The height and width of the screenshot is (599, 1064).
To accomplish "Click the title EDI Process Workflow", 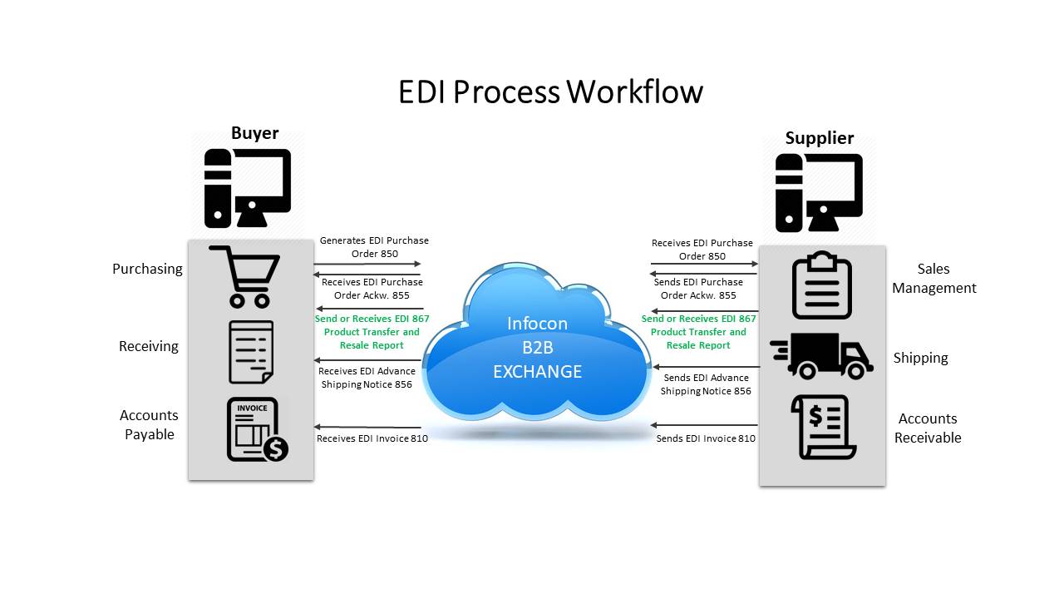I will coord(550,92).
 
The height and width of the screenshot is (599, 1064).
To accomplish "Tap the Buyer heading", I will coord(254,133).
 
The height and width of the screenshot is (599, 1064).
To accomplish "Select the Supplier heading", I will coord(819,138).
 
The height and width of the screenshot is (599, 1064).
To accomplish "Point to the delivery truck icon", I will coord(821,355).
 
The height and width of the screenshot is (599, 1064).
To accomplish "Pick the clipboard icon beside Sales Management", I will coord(821,285).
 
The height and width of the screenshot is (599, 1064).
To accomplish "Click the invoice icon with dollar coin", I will coord(257,429).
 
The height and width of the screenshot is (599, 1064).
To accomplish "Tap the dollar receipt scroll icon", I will coord(823,427).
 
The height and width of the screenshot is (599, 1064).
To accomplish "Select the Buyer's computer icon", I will coord(248,188).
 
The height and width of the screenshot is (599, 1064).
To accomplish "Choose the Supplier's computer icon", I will coord(818,192).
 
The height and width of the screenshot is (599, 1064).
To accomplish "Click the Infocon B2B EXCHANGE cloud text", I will coord(537,347).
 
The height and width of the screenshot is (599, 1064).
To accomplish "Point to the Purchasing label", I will coord(147,269).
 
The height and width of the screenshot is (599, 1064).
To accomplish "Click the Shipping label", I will coord(920,358).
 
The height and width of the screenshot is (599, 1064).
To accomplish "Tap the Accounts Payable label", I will coord(149,424).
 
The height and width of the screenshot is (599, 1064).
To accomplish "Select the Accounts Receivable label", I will coord(928,428).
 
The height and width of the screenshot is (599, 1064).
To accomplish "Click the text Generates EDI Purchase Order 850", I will coord(374,247).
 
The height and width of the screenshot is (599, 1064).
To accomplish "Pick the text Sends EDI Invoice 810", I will coord(706,438).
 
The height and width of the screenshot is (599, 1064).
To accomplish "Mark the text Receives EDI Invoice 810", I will coord(372,438).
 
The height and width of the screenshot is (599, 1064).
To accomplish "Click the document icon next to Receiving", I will coord(250,352).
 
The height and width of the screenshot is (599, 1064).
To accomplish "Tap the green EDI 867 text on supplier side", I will coord(698,331).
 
